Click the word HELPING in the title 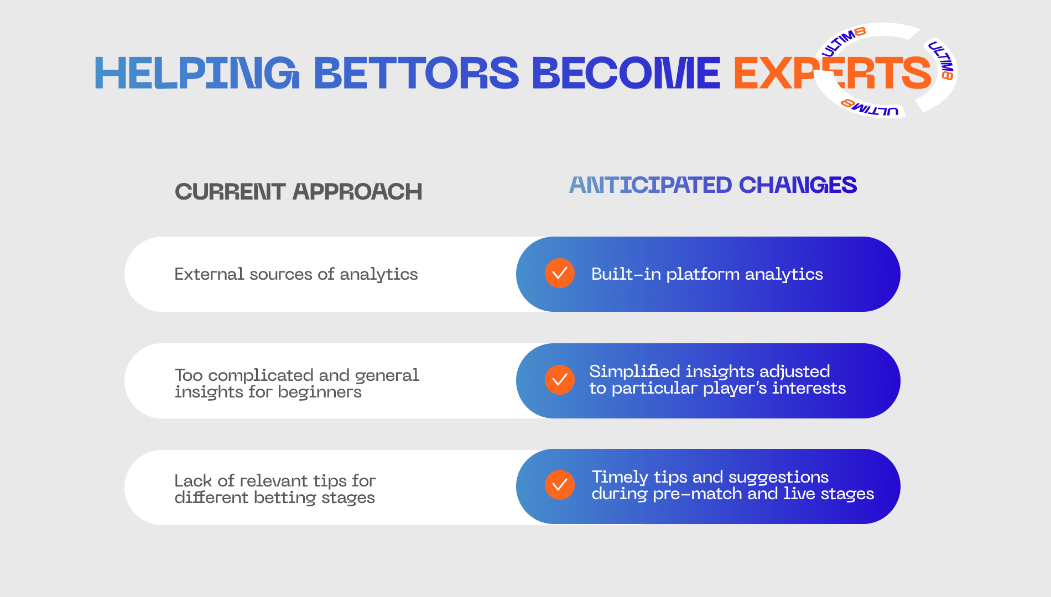pyautogui.click(x=197, y=73)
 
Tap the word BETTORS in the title pyautogui.click(x=416, y=73)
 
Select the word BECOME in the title pyautogui.click(x=626, y=73)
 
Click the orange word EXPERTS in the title pyautogui.click(x=833, y=73)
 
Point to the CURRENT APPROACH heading pyautogui.click(x=299, y=192)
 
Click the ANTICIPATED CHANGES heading pyautogui.click(x=713, y=185)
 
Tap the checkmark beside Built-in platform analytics pyautogui.click(x=560, y=273)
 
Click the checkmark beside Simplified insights pyautogui.click(x=560, y=380)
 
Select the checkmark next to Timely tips pyautogui.click(x=560, y=485)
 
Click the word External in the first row pyautogui.click(x=209, y=274)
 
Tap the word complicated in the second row pyautogui.click(x=261, y=376)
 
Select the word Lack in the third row pyautogui.click(x=193, y=481)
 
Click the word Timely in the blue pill pyautogui.click(x=620, y=477)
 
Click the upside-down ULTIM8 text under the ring pyautogui.click(x=870, y=108)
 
